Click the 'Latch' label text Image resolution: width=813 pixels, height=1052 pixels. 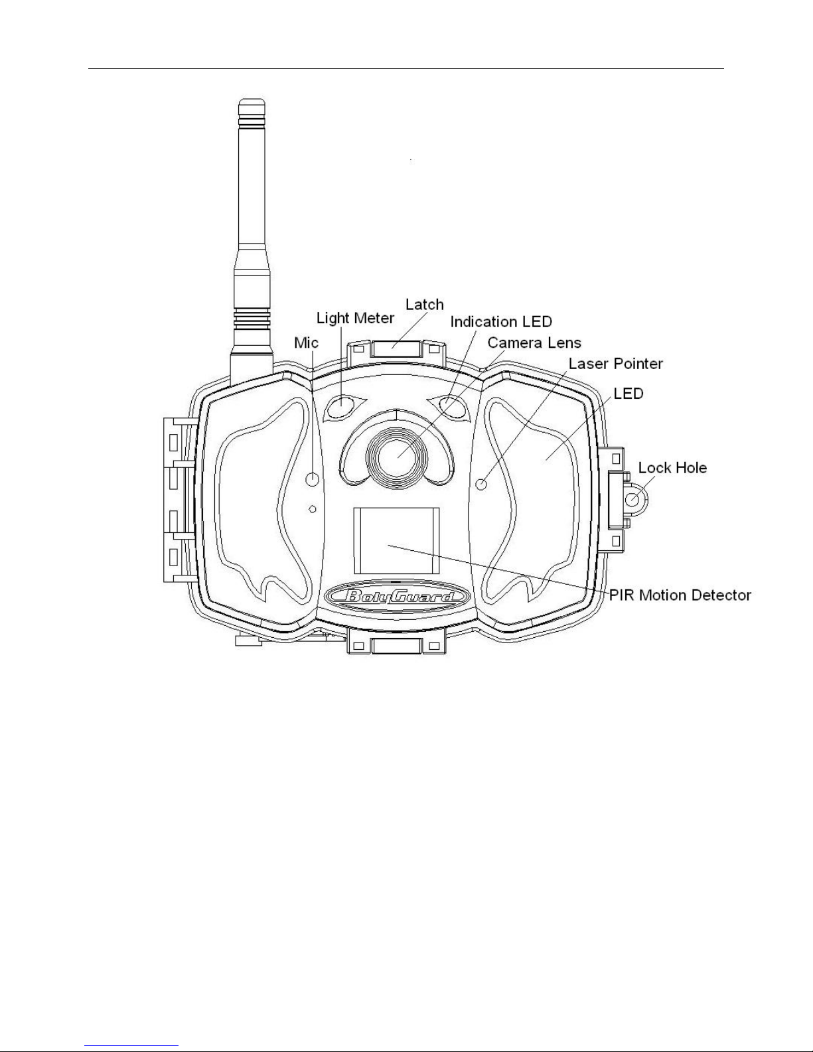[424, 305]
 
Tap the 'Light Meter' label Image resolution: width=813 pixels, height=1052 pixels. [355, 318]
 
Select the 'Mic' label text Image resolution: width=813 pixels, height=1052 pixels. [306, 342]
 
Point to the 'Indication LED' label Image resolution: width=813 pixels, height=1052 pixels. [501, 321]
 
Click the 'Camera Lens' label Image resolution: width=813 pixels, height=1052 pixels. [534, 342]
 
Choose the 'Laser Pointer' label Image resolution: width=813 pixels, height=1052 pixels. [616, 364]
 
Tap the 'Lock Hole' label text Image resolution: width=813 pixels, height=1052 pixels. [672, 468]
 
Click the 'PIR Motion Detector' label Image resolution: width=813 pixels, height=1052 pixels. [680, 595]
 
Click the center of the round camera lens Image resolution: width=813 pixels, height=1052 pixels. [397, 457]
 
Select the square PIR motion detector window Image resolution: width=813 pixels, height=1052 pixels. [396, 541]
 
